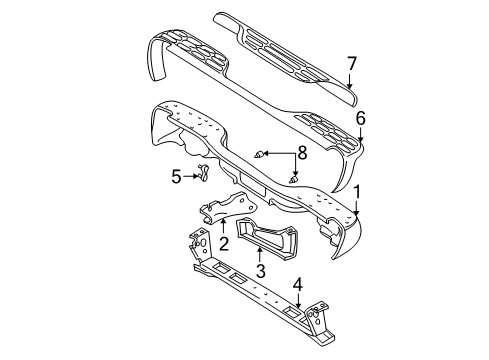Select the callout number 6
click(x=360, y=117)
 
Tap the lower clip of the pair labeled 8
click(x=293, y=179)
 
